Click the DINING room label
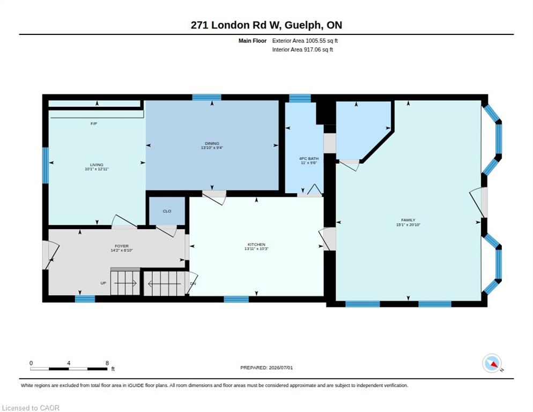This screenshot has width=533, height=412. pyautogui.click(x=212, y=143)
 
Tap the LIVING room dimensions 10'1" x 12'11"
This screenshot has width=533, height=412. pyautogui.click(x=97, y=169)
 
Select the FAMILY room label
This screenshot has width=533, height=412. pyautogui.click(x=408, y=220)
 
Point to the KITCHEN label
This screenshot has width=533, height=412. pyautogui.click(x=256, y=244)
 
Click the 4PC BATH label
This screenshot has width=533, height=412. pyautogui.click(x=309, y=159)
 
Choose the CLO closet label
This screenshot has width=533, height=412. pyautogui.click(x=167, y=211)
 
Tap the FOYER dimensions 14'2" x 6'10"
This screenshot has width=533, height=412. pyautogui.click(x=122, y=251)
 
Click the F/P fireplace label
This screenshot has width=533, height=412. pyautogui.click(x=94, y=123)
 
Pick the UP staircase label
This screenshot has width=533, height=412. pyautogui.click(x=103, y=283)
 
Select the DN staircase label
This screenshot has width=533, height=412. pyautogui.click(x=193, y=283)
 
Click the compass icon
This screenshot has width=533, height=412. pyautogui.click(x=492, y=363)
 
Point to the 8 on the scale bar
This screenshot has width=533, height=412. pyautogui.click(x=107, y=363)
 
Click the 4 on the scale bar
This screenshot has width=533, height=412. pyautogui.click(x=69, y=363)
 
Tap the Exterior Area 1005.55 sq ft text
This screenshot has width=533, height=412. pyautogui.click(x=305, y=41)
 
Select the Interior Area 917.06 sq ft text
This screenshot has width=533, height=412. pyautogui.click(x=302, y=50)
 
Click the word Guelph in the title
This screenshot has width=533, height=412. pyautogui.click(x=302, y=25)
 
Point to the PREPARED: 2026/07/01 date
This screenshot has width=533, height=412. pyautogui.click(x=266, y=368)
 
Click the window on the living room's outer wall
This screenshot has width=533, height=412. pyautogui.click(x=46, y=165)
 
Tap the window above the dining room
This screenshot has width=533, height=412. pyautogui.click(x=206, y=97)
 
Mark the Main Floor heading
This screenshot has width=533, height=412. pyautogui.click(x=253, y=41)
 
